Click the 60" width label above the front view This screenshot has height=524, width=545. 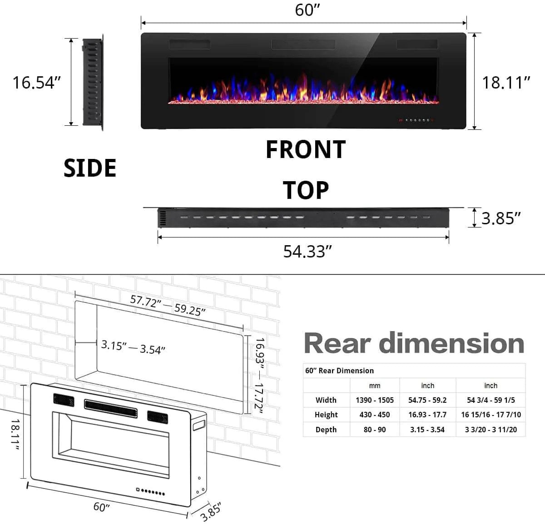(x=307, y=10)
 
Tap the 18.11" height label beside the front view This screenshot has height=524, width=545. (x=506, y=83)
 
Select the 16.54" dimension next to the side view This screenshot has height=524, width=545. (x=36, y=83)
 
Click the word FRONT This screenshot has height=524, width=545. (x=306, y=150)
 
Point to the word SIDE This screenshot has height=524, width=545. (x=90, y=168)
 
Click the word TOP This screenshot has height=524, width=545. (x=306, y=190)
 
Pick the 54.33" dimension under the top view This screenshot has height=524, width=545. (x=307, y=251)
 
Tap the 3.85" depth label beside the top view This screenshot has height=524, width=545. (x=500, y=218)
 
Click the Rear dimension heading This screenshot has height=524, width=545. (x=414, y=343)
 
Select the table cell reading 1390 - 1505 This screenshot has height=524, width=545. (x=375, y=400)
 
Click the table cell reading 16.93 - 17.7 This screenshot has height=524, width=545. (x=427, y=415)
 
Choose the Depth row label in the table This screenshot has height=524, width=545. (x=326, y=430)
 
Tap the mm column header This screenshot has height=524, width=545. (x=375, y=386)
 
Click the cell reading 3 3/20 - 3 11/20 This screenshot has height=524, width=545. (x=490, y=430)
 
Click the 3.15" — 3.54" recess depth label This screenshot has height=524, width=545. (x=133, y=347)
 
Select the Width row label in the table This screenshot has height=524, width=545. (x=326, y=400)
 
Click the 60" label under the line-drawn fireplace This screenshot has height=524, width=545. (x=101, y=507)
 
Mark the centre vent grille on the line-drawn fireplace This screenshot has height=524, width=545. (x=110, y=408)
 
